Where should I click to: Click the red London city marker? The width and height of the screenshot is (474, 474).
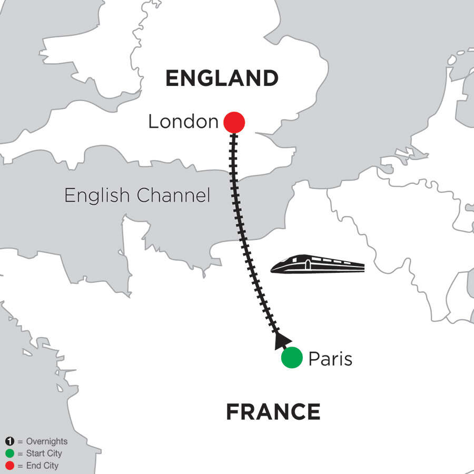click(x=234, y=123)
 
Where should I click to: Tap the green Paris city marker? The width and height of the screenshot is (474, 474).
click(x=292, y=358)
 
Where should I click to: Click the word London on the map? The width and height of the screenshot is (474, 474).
click(x=183, y=122)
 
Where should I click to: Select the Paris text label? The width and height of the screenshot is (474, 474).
click(x=330, y=359)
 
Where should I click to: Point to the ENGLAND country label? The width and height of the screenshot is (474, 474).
click(x=222, y=78)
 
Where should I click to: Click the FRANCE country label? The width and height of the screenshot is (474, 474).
click(x=273, y=412)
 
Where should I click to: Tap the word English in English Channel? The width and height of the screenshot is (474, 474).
click(x=96, y=196)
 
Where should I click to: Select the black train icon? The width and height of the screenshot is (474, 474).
click(x=318, y=265)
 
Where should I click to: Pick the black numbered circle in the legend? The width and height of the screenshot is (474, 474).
click(x=9, y=442)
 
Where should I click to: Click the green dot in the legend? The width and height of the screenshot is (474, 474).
click(x=9, y=453)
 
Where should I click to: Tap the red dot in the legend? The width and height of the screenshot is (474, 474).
click(x=9, y=466)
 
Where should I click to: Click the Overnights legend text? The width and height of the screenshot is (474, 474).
click(x=46, y=442)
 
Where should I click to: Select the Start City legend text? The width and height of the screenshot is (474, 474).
click(x=43, y=453)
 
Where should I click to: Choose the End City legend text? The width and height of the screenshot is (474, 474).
click(x=42, y=466)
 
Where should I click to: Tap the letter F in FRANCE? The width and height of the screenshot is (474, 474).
click(x=232, y=412)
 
